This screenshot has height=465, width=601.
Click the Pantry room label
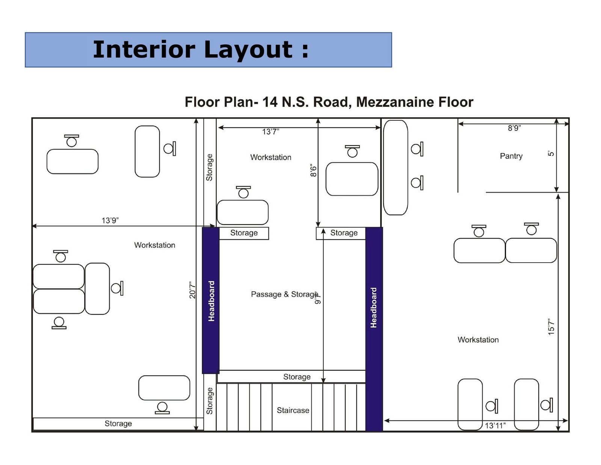pos(511,156)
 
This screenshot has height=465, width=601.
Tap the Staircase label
pos(293,410)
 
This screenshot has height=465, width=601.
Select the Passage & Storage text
pos(284,294)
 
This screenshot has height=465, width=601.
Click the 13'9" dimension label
pos(110,220)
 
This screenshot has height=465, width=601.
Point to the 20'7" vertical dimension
pos(192,290)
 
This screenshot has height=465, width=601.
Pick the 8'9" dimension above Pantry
pos(514,128)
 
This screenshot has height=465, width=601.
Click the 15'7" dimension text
pos(551,327)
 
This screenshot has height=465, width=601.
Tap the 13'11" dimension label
pos(495,425)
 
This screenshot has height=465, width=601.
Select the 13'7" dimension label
pos(270,132)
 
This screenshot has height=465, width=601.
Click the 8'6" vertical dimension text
pos(313,170)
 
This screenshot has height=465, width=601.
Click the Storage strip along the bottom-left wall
pos(118,424)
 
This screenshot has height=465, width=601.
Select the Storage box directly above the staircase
pos(297,377)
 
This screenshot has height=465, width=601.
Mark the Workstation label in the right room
pos(478,340)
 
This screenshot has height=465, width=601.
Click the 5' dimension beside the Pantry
pos(551,153)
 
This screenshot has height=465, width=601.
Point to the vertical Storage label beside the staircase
pos(210,401)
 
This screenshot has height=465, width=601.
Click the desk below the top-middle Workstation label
pos(243,213)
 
